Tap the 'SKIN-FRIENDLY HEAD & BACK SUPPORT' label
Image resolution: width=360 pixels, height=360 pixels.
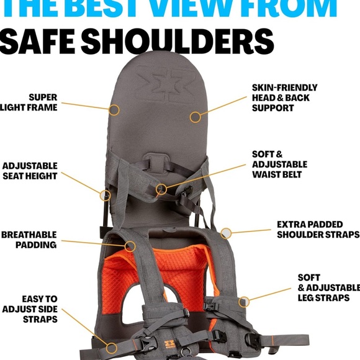coord(284,97)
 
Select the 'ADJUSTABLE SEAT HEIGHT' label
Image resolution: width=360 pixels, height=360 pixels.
coord(29,171)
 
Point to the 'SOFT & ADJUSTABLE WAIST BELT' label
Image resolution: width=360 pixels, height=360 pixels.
coord(279,164)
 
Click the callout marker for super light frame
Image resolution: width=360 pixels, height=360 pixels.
coord(114,110)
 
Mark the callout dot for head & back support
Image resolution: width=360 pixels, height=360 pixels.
coord(196,116)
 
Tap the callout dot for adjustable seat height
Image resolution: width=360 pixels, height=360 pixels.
coord(105,195)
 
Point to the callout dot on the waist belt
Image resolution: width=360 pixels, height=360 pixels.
coord(161,189)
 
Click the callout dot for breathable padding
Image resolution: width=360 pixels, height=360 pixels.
coord(130,246)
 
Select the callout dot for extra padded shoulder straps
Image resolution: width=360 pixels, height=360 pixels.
coord(227,233)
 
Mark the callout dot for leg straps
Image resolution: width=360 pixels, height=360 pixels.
coord(244,301)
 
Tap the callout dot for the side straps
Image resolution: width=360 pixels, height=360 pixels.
coord(112,348)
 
